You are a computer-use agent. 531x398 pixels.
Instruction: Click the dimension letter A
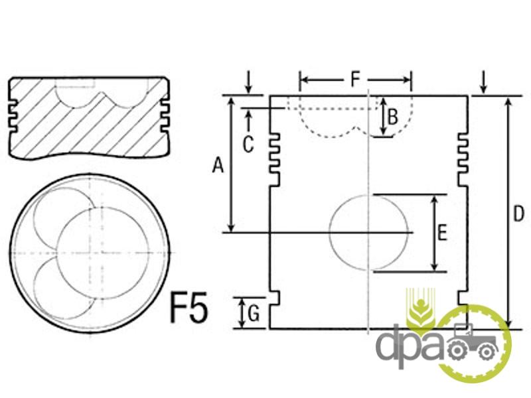[x=218, y=166]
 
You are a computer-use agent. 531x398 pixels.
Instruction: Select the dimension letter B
[x=392, y=117]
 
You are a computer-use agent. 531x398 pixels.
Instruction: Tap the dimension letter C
[x=248, y=145]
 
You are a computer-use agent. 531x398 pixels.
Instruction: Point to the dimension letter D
[x=518, y=214]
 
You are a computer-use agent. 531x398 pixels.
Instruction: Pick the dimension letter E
[x=442, y=233]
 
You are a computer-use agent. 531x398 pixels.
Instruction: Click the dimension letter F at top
[x=354, y=80]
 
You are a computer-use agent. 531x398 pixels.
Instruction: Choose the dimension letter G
[x=254, y=313]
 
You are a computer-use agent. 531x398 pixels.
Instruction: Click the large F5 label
[x=189, y=307]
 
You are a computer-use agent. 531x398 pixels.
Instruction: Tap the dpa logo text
[x=410, y=345]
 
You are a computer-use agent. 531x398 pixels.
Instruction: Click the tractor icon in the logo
[x=473, y=342]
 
